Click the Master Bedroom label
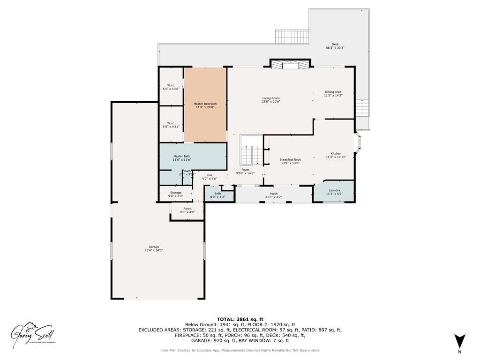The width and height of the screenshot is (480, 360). coord(206,105)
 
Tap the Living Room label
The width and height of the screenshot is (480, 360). coord(271,99)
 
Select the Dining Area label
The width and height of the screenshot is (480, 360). coord(333,93)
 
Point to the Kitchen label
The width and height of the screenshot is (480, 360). coord(336,155)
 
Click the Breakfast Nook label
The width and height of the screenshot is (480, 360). coord(291,161)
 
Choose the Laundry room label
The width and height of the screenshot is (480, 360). coord(334,192)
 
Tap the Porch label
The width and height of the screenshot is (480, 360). coord(274,195)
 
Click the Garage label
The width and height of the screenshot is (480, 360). coord(154,248)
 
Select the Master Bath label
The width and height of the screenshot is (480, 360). coord(181,158)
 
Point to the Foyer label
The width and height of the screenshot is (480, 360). coord(245,171)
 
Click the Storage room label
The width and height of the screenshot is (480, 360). coord(175,194)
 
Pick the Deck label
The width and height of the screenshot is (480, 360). coord(335,46)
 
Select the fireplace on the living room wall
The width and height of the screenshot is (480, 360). coord(290,64)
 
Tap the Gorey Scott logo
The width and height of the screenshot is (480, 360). coord(34,333)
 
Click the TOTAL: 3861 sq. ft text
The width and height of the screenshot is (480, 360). coord(240,319)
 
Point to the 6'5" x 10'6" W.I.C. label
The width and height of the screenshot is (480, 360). coord(171,87)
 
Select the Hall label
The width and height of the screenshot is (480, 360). coord(210,177)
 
